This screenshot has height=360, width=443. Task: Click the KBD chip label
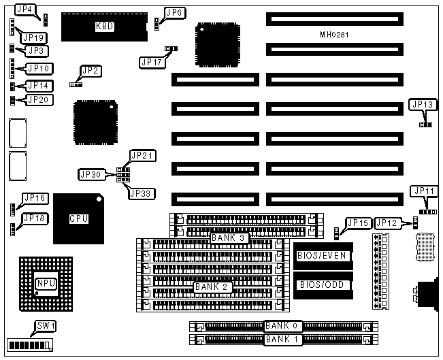click(103, 27)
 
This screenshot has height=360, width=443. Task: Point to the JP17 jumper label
click(151, 62)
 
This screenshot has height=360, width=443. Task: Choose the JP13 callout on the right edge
click(422, 104)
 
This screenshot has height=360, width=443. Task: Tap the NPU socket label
click(45, 282)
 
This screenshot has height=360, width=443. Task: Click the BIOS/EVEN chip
click(322, 256)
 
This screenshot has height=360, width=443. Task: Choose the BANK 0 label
click(282, 326)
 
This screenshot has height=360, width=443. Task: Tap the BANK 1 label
click(282, 338)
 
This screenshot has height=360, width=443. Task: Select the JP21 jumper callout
click(143, 156)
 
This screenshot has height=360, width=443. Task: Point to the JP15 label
click(358, 223)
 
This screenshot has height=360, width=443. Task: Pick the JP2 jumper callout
click(90, 70)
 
